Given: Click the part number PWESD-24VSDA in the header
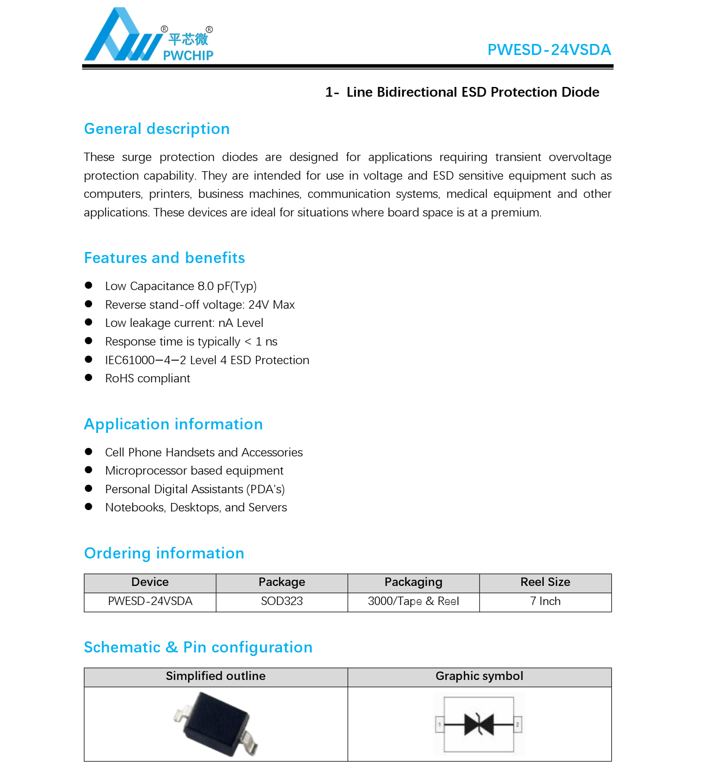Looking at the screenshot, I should point(549,50).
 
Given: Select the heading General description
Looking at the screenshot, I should point(157,129).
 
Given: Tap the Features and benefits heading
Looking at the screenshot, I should point(164,258).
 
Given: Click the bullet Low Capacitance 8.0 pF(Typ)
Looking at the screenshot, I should point(181,286).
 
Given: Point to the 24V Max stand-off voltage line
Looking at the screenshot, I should point(200,305).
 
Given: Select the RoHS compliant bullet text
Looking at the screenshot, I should point(147,378).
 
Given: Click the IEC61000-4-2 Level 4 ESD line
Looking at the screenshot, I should point(207,360).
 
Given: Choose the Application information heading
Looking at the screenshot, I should point(173,424).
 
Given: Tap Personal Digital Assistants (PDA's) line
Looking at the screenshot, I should point(195,489).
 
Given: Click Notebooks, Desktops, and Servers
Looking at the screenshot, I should point(196,507).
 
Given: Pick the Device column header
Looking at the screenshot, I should point(150,582).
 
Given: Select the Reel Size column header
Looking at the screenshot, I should point(545,582).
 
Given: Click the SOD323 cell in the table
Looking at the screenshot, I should point(282,601).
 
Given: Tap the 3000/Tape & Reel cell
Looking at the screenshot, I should point(413,601).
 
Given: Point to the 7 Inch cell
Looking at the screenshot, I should point(545,601).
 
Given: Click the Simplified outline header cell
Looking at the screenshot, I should point(216,676).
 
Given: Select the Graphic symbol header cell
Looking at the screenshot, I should point(479,676).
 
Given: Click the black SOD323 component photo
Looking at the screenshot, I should point(216,724).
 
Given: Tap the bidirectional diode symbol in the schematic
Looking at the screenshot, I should point(479,724).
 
